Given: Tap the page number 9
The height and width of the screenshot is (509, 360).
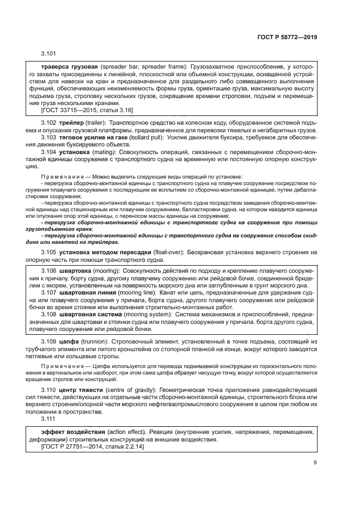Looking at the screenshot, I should (315, 463).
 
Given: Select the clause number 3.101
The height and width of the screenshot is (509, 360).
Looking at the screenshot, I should (48, 53).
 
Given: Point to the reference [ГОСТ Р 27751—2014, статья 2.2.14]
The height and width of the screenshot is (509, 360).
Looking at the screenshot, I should (93, 446).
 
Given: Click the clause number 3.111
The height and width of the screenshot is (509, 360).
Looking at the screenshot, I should (48, 419).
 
